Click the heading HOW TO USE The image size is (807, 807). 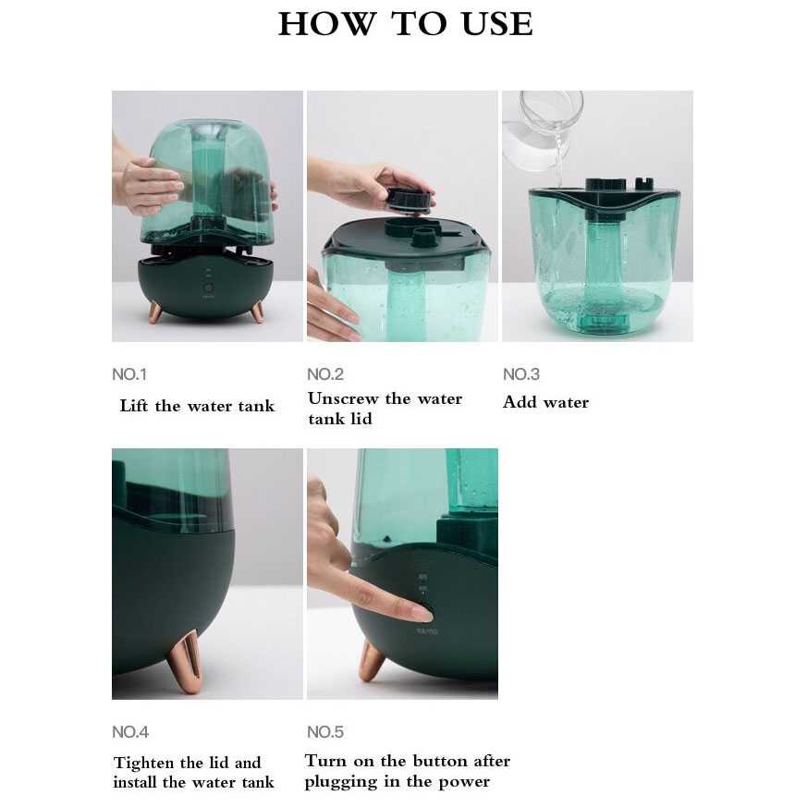point(405,24)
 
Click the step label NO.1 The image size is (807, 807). point(129,374)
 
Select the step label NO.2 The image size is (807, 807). point(325,374)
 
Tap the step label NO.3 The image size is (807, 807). point(521,374)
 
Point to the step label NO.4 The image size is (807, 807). point(130,732)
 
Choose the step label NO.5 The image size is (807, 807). point(325,732)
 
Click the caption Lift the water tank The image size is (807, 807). point(197,406)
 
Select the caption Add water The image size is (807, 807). point(545,402)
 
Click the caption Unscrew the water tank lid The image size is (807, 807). point(385,409)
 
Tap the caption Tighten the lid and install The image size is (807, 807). point(193,773)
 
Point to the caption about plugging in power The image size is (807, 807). point(407,771)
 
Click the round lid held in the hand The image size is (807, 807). point(410,198)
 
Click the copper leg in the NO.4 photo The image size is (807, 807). point(189,661)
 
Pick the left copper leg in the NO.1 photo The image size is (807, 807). point(155,312)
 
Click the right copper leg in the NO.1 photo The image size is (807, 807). point(257,312)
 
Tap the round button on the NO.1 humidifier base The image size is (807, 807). point(208,287)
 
